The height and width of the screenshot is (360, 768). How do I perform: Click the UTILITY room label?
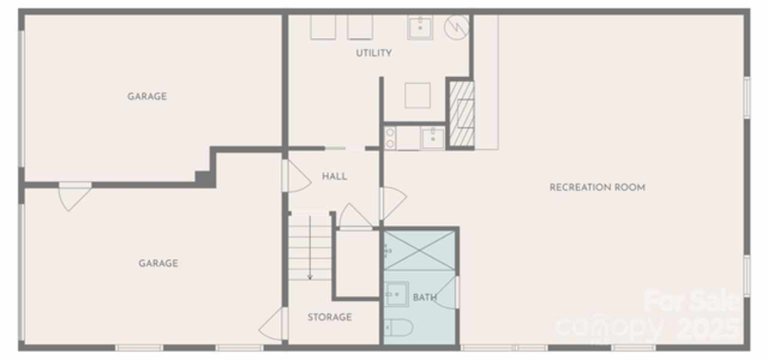click(x=374, y=53)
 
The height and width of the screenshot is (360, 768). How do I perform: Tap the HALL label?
click(x=334, y=176)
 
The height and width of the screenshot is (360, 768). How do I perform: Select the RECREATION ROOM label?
click(x=597, y=187)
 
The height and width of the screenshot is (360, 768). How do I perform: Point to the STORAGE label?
click(x=329, y=317)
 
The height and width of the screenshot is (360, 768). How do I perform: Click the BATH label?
click(x=425, y=297)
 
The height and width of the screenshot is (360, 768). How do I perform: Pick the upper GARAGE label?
click(x=147, y=97)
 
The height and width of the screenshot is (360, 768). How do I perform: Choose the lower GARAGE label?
click(x=158, y=263)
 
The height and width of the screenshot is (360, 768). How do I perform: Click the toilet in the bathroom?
click(x=398, y=328)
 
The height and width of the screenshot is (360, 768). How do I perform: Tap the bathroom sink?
click(x=397, y=294)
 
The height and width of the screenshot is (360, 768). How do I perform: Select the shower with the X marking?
click(x=419, y=250)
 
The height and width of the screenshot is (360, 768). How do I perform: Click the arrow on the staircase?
click(x=310, y=248)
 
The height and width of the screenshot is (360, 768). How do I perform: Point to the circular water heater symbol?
click(x=457, y=27)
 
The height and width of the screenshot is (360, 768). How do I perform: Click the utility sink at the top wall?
click(x=421, y=28)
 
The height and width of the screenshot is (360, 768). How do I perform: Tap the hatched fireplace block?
click(x=462, y=113)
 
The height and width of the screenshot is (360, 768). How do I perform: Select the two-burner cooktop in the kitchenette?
click(x=390, y=138)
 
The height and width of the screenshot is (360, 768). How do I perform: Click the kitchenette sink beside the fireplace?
click(x=433, y=138)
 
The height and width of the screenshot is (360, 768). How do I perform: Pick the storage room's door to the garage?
click(x=272, y=324)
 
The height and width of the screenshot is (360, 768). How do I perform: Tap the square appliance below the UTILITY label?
click(x=418, y=95)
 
